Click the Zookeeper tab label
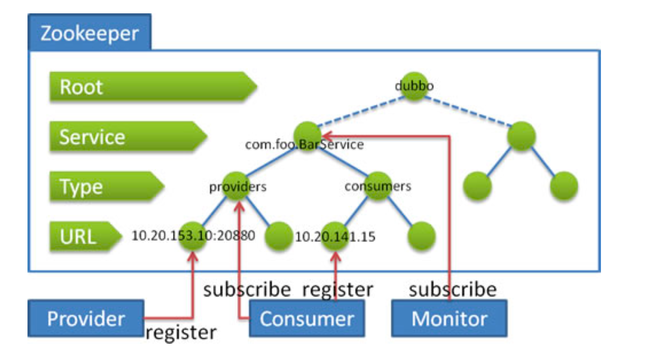[x=90, y=32]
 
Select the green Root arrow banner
[x=153, y=87]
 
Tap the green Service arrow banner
[x=128, y=136]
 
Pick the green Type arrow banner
[x=107, y=186]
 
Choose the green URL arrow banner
[x=86, y=236]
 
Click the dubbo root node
[x=414, y=86]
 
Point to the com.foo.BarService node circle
[x=307, y=136]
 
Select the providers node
[x=237, y=186]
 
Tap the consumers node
[x=378, y=186]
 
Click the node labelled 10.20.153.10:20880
[x=193, y=236]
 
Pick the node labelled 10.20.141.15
[x=335, y=236]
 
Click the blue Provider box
[x=86, y=318]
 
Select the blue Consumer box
[x=307, y=318]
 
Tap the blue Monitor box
[x=449, y=318]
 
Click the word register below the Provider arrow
[x=181, y=333]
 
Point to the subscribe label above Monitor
[x=453, y=290]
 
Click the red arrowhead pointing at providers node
[x=239, y=206]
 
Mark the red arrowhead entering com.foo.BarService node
[x=327, y=135]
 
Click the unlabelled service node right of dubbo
[x=521, y=136]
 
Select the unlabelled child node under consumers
[x=421, y=236]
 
